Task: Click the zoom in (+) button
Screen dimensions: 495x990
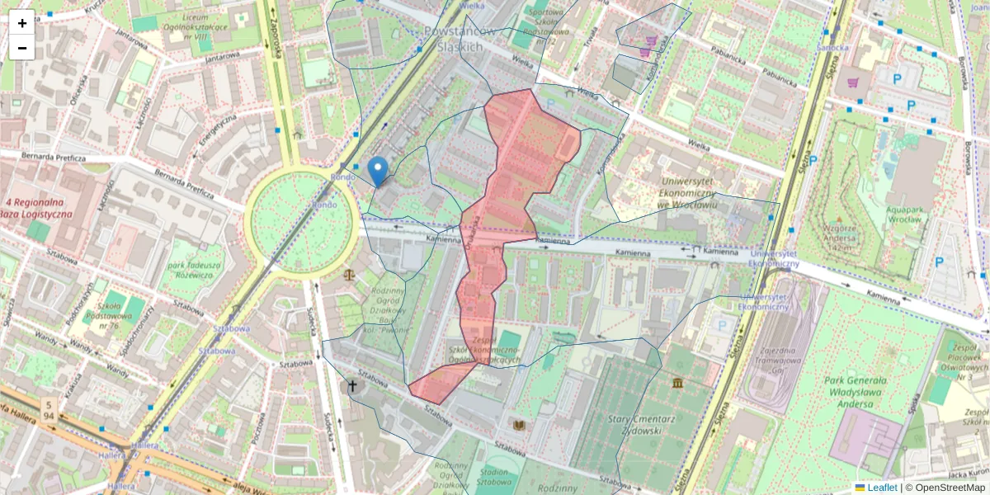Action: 22,23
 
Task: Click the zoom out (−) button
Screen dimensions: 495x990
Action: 22,48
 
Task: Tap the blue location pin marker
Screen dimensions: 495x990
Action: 378,172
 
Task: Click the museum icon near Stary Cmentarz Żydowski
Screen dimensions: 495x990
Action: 677,384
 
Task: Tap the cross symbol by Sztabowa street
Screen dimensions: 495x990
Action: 352,385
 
